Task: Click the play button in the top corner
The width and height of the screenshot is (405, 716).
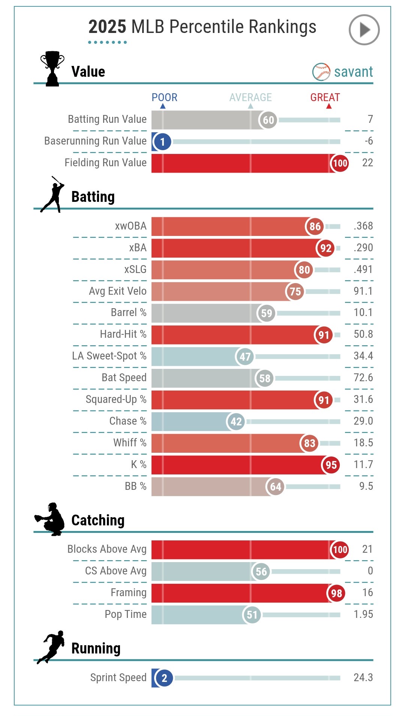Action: (x=364, y=30)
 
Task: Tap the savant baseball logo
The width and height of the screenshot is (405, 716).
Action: (x=321, y=72)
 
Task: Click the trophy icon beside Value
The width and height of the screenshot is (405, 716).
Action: (x=52, y=69)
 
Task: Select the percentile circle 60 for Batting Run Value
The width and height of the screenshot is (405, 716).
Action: (x=268, y=120)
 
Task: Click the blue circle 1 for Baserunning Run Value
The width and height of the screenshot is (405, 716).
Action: (x=162, y=142)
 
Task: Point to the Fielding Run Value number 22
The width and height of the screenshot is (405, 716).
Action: (x=367, y=163)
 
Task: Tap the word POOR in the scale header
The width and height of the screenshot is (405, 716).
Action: (x=164, y=97)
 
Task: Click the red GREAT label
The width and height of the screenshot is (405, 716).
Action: (x=325, y=97)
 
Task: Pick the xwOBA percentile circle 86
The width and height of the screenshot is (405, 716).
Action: (x=315, y=226)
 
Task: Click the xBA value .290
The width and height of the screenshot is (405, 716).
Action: (x=363, y=248)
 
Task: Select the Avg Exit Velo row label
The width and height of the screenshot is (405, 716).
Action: (x=117, y=291)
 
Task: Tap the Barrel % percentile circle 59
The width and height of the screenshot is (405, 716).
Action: (x=266, y=313)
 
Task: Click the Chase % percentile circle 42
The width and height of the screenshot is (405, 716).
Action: (x=236, y=422)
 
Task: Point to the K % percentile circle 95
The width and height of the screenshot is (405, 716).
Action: (x=331, y=465)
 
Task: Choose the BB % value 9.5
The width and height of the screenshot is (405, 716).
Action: (x=366, y=486)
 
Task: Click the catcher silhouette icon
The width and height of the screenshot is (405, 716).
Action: (x=50, y=519)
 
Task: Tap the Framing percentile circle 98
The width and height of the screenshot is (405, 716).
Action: (x=336, y=593)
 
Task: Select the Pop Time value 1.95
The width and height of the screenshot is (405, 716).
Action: (x=363, y=615)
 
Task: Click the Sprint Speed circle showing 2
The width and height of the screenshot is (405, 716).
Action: (x=164, y=678)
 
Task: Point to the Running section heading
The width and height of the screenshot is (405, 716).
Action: (x=96, y=648)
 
